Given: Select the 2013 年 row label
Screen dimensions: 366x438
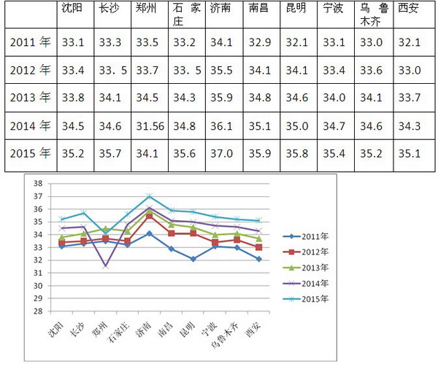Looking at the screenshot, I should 30,97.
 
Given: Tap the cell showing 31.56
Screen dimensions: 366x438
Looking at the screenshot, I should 150,126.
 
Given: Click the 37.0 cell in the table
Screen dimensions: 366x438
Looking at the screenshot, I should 222,154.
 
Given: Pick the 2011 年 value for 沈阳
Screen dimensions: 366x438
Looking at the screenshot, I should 74,42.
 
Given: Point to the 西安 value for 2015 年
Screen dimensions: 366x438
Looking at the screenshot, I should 410,154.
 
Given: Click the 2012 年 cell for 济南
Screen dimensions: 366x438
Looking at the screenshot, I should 222,70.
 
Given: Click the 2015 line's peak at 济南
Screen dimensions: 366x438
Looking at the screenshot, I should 149,196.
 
